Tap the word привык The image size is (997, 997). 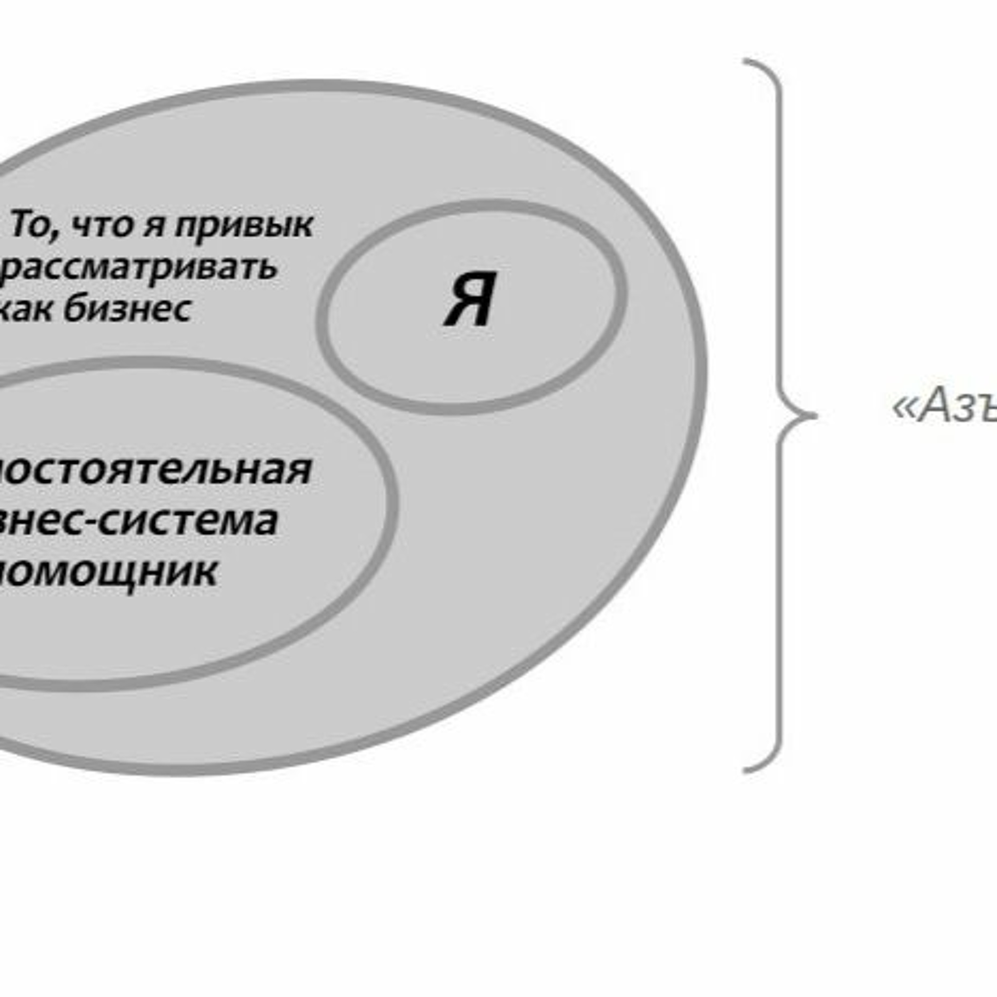[x=244, y=226]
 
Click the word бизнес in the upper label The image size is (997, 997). [x=128, y=310]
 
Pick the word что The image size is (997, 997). [x=102, y=226]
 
